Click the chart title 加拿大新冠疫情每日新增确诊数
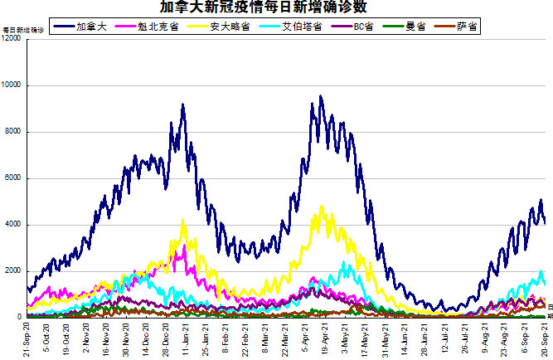pos(275,7)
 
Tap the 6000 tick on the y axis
pos(16,178)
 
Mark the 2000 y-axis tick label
pos(16,271)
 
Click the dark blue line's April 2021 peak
pos(320,97)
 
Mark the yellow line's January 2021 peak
pos(183,221)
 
